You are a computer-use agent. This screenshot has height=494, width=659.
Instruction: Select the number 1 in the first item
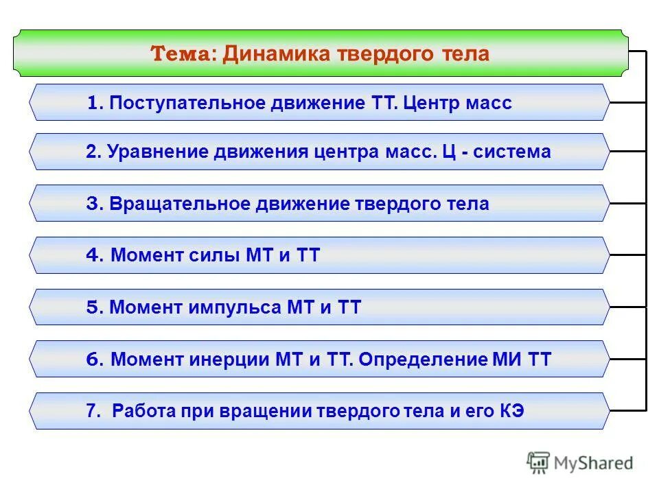click(93, 103)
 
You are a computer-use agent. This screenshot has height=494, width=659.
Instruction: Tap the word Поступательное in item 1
click(185, 103)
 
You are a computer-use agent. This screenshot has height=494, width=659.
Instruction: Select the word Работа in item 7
click(141, 411)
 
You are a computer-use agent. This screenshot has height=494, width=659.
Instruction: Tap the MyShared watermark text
click(594, 463)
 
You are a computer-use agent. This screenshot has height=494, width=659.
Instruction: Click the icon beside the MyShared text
click(538, 463)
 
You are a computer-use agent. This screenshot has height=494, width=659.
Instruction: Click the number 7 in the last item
click(91, 411)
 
